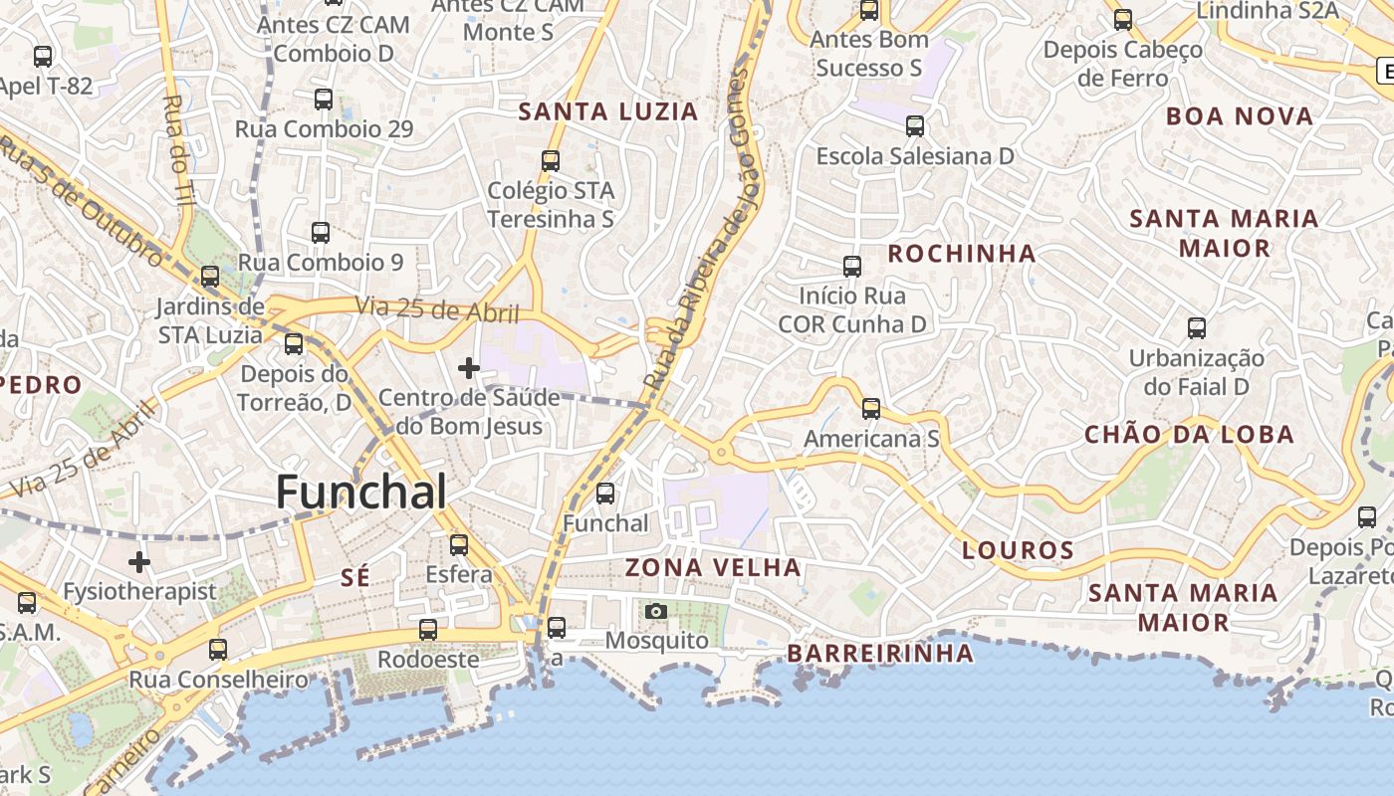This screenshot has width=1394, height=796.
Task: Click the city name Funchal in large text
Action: pos(360,492)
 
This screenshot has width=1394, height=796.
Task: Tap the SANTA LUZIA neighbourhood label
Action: pos(608,111)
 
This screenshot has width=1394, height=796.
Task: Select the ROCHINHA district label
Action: pos(962,254)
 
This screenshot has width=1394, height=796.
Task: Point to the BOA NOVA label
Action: pos(1240,116)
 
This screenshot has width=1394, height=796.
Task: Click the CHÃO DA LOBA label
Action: pos(1189,434)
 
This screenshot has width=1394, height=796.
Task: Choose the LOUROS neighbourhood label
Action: pos(1018,550)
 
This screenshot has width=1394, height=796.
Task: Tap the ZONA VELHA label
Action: pos(713,568)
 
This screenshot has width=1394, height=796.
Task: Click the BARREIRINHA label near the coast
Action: pos(880,654)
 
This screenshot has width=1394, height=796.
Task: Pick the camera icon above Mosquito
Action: pos(655,611)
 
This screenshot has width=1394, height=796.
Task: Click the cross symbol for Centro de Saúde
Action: pos(468,368)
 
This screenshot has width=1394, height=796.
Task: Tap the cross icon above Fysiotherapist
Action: pos(139,562)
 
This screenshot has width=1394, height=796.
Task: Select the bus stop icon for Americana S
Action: pos(871,408)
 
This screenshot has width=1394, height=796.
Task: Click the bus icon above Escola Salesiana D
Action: pos(915,126)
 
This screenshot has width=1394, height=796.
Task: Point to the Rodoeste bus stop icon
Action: pos(428,629)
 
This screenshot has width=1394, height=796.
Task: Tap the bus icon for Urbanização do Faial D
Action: pos(1197,327)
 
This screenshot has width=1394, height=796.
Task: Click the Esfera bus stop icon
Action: pos(459,544)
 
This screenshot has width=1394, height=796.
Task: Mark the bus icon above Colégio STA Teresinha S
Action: pos(551,160)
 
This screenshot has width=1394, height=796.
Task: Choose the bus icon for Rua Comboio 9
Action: pos(321,233)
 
